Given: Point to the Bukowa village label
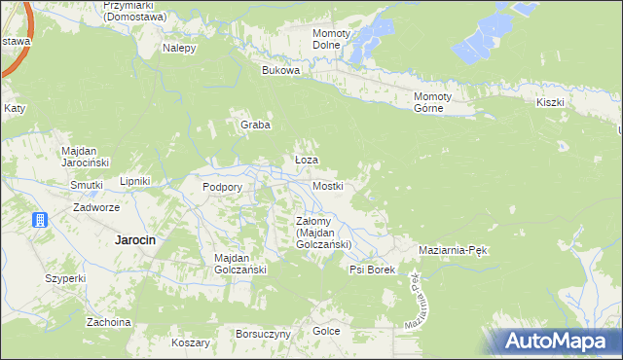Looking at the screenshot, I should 281,71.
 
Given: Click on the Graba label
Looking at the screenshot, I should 255,125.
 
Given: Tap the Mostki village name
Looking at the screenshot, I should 327,186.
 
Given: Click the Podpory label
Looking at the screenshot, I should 221,187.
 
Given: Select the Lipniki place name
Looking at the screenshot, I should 133,181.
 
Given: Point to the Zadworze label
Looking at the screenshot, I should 96,207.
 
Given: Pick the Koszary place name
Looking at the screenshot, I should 190,342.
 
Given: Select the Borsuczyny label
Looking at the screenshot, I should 263,334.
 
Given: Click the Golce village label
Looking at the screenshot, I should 326,331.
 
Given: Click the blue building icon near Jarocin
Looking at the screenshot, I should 41,220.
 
